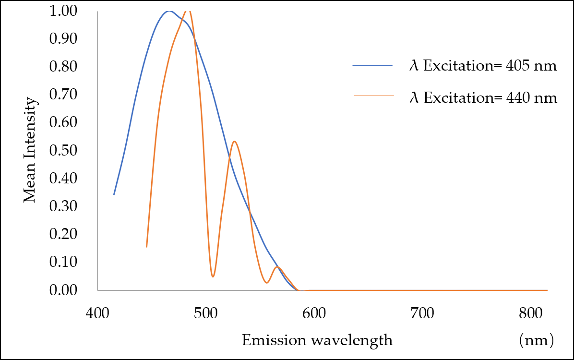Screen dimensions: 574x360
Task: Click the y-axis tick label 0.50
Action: coord(63,150)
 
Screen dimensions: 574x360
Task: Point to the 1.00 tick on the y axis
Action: coord(63,11)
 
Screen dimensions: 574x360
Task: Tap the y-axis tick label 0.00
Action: coord(63,290)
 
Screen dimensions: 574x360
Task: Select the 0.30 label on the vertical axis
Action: coord(63,206)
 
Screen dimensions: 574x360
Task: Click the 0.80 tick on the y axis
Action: coord(63,66)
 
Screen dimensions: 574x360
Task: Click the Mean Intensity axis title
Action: coord(30,150)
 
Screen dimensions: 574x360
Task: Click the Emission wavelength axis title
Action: coord(317,340)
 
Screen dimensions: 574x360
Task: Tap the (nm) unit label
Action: coord(536,340)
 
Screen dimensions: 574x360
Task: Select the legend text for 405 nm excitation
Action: coord(483,66)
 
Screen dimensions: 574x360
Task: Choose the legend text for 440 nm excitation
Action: coord(483,98)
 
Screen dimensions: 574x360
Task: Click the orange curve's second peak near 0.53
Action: coord(234,141)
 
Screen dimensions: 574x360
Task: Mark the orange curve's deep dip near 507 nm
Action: coord(213,276)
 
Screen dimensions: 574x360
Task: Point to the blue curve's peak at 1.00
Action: coord(168,11)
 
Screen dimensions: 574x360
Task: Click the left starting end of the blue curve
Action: coord(114,194)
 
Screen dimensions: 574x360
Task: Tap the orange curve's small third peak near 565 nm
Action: coord(277,267)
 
